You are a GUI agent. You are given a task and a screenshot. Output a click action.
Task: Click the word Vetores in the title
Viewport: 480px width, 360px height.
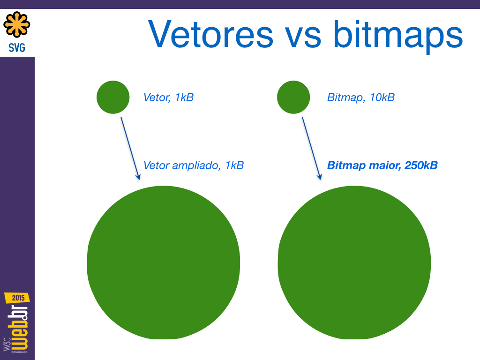pyautogui.click(x=210, y=34)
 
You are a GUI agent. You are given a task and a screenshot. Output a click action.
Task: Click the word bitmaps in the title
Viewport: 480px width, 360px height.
pyautogui.click(x=398, y=37)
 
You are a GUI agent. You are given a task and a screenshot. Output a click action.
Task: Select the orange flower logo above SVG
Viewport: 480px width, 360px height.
pyautogui.click(x=17, y=24)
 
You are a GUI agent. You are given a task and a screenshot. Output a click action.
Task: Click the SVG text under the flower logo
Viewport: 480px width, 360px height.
pyautogui.click(x=17, y=48)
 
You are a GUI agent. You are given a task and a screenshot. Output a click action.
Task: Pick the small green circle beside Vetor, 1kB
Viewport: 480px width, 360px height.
pyautogui.click(x=113, y=97)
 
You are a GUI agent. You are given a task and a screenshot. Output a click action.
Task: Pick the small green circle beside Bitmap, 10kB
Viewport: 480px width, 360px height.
pyautogui.click(x=293, y=97)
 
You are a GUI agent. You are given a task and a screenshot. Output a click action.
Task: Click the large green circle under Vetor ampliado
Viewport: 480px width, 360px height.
pyautogui.click(x=164, y=262)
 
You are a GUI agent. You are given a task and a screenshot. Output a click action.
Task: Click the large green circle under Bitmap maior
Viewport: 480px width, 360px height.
pyautogui.click(x=354, y=262)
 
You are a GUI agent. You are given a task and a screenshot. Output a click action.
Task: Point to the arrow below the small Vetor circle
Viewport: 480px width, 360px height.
pyautogui.click(x=130, y=148)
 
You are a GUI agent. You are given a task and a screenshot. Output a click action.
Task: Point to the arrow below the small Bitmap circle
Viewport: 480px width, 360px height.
pyautogui.click(x=312, y=148)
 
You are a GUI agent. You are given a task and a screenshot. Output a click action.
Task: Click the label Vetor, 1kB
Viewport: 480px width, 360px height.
pyautogui.click(x=168, y=97)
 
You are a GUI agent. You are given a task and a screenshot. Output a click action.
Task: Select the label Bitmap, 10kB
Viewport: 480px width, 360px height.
pyautogui.click(x=361, y=97)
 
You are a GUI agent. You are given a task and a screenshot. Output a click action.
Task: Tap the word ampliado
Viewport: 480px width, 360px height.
pyautogui.click(x=196, y=165)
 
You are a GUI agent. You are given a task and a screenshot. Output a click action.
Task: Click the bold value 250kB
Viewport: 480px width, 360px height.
pyautogui.click(x=421, y=165)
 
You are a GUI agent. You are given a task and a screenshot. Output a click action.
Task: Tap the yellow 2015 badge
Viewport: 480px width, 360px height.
pyautogui.click(x=17, y=298)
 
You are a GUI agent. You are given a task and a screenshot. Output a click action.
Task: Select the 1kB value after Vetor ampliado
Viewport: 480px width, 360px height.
pyautogui.click(x=234, y=165)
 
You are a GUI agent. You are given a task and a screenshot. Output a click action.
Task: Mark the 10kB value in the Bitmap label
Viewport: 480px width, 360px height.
pyautogui.click(x=382, y=97)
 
